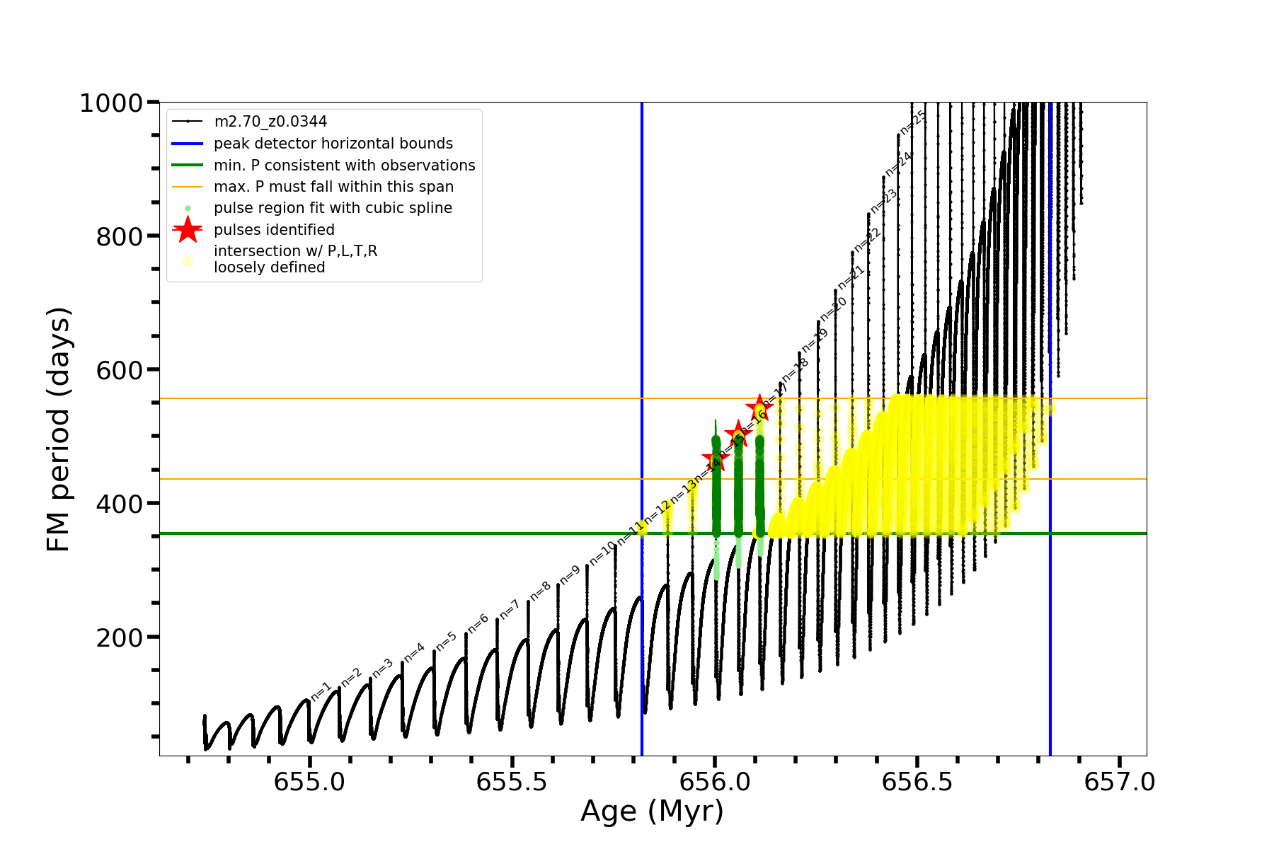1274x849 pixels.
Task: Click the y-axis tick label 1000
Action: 111,104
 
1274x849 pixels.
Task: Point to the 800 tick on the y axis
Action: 120,237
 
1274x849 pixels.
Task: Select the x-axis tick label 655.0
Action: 309,782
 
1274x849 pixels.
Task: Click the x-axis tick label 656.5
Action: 917,782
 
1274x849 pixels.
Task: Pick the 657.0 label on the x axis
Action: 1120,782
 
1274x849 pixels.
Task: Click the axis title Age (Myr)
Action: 652,812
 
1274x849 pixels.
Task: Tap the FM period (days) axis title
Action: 59,429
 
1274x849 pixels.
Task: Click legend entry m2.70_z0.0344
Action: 270,122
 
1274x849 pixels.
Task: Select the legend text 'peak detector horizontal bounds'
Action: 333,144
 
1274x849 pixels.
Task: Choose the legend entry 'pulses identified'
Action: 274,230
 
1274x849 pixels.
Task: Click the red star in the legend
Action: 188,229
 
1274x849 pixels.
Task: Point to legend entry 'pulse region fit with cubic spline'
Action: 333,208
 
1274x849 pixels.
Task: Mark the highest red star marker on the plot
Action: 759,408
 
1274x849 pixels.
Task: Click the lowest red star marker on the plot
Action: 716,458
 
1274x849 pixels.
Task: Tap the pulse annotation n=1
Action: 321,691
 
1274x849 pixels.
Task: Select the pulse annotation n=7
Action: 510,608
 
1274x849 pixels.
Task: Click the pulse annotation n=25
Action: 912,122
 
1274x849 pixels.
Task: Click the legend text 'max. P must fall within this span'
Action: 333,187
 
